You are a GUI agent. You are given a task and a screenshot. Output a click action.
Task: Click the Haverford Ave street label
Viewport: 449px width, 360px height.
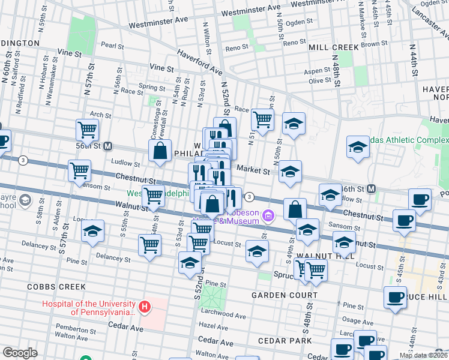199,62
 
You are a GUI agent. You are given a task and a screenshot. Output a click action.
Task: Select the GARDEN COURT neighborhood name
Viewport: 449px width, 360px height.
284,296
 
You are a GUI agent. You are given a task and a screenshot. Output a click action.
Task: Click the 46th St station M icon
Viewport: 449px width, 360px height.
372,188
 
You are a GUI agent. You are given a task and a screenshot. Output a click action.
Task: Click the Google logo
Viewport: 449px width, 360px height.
20,353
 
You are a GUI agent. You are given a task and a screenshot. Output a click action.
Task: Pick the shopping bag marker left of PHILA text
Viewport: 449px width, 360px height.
160,151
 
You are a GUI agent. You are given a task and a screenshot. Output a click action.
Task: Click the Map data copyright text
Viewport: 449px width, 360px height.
423,355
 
